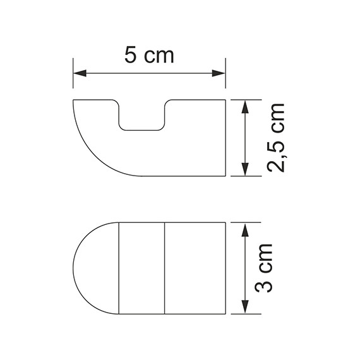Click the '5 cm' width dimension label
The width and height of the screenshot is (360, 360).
tap(149, 56)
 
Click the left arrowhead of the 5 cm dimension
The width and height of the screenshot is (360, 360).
tap(78, 74)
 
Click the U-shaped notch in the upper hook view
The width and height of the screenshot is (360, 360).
tap(142, 120)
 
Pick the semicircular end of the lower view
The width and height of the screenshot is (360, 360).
tap(95, 268)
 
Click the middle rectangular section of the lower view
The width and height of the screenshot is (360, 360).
tap(142, 268)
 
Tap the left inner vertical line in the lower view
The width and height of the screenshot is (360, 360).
tap(119, 268)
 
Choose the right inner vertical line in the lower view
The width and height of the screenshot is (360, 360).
tap(165, 268)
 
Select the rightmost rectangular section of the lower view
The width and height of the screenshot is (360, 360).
tap(195, 268)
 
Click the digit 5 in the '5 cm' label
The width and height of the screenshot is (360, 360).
tap(131, 56)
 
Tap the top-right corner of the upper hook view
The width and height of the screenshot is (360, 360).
tap(225, 100)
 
